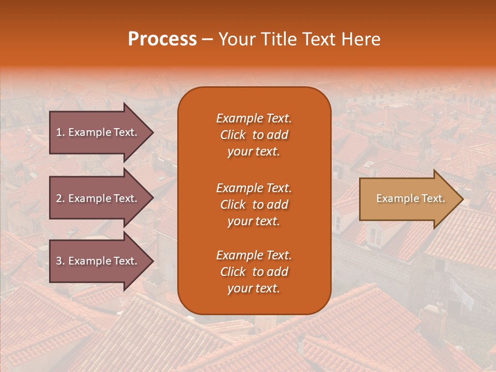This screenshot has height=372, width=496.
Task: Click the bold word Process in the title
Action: [162, 39]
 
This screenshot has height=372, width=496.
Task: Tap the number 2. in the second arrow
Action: [60, 198]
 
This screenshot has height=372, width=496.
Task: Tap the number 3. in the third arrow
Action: [60, 261]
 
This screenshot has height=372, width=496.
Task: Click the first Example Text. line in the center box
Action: [254, 118]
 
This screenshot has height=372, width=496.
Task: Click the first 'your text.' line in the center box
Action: [254, 152]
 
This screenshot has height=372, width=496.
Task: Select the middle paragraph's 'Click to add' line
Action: [254, 205]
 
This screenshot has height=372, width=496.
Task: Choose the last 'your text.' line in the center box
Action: [254, 289]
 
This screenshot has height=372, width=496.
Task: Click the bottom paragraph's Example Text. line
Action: [254, 255]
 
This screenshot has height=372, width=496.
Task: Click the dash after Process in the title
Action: [208, 40]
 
